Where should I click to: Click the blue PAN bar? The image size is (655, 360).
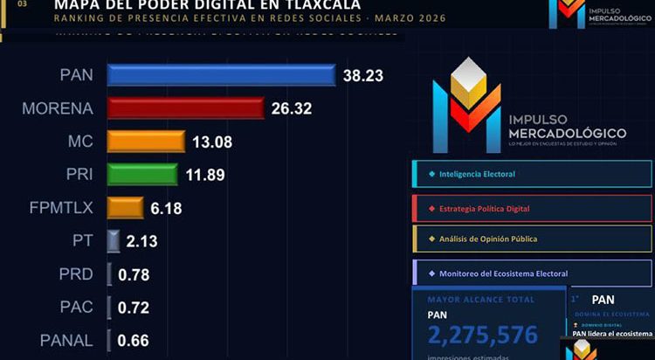coord(221,74)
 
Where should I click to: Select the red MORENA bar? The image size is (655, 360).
coord(185,107)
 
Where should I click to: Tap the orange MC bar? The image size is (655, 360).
coord(146,141)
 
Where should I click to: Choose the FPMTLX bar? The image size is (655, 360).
coord(125,207)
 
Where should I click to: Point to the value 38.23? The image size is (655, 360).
coord(362,75)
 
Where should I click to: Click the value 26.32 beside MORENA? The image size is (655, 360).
coord(292,108)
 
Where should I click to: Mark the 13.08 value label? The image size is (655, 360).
coord(212,142)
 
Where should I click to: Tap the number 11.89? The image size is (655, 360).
coord(205,175)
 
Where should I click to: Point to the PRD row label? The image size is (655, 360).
coord(74,274)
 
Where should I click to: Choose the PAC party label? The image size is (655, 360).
coord(75,308)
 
